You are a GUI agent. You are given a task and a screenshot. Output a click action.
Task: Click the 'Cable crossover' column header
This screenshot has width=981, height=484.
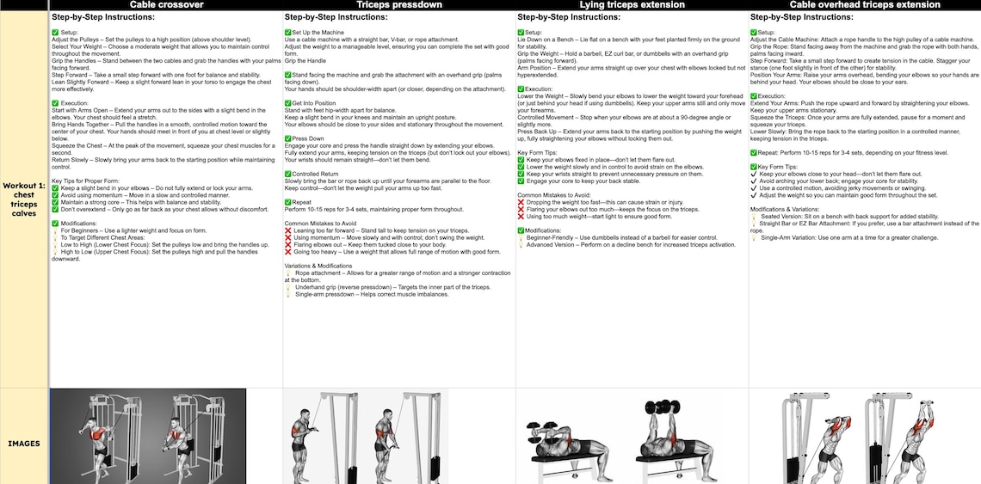tap(166, 5)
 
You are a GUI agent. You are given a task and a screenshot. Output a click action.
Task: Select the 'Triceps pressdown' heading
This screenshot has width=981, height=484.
tap(399, 5)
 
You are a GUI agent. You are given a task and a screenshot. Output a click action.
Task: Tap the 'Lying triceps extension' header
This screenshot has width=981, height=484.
tap(632, 5)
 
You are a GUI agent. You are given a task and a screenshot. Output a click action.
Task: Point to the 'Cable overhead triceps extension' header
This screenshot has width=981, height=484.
tap(864, 5)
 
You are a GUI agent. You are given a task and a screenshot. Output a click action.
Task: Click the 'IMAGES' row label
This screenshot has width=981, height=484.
tap(25, 444)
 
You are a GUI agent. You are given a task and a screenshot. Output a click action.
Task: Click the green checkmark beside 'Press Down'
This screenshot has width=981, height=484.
tap(287, 138)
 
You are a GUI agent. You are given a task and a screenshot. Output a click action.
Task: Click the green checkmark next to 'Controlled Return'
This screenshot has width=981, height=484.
tap(287, 174)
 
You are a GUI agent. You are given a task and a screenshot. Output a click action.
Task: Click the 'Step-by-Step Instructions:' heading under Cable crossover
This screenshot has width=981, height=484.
tap(104, 16)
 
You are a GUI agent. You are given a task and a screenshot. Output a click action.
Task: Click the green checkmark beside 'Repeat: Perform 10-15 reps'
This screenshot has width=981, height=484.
tap(753, 152)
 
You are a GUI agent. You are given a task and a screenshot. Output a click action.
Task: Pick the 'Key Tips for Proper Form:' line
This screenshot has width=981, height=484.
tap(85, 181)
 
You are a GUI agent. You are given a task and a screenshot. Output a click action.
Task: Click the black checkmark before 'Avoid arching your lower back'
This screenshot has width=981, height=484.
tap(754, 181)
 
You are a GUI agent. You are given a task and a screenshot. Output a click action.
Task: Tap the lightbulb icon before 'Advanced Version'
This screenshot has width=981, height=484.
tap(521, 245)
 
